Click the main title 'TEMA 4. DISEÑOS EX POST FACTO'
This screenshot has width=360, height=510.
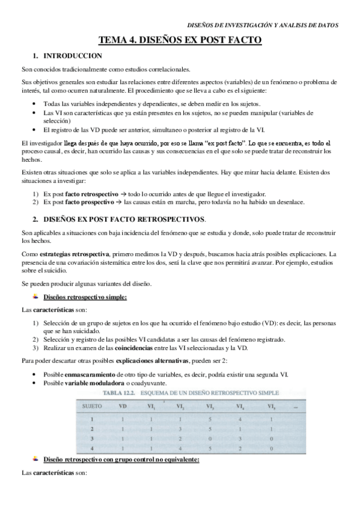pyautogui.click(x=180, y=41)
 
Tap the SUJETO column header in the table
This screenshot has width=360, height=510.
pyautogui.click(x=94, y=406)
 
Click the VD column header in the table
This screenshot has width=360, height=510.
pyautogui.click(x=123, y=406)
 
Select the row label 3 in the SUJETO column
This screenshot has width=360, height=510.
pyautogui.click(x=93, y=440)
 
